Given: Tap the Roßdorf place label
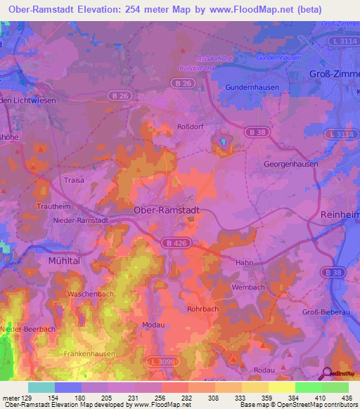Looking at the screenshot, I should tap(189, 128).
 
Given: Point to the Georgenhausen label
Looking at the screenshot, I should tap(290, 163).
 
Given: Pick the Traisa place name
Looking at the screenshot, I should tap(74, 180).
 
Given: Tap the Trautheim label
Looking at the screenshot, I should tap(53, 207).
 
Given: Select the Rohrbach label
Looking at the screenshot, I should tap(204, 307).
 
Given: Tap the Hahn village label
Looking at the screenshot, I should tap(244, 262).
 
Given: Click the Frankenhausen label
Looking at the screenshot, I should tap(89, 354).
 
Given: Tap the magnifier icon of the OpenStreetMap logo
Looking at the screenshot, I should tap(326, 374).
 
